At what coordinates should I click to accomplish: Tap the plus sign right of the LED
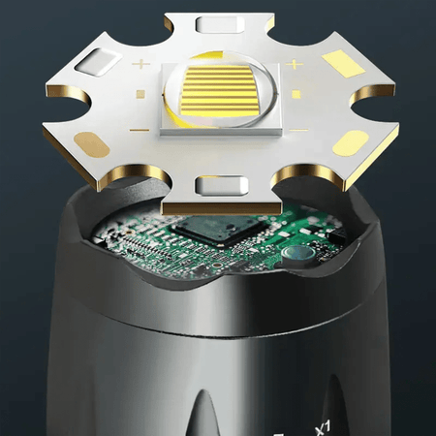pyautogui.click(x=294, y=65)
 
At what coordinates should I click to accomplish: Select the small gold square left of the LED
pyautogui.click(x=140, y=94)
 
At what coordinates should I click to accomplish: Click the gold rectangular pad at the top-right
pyautogui.click(x=343, y=63)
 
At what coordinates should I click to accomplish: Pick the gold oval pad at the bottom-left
pyautogui.click(x=89, y=143)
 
